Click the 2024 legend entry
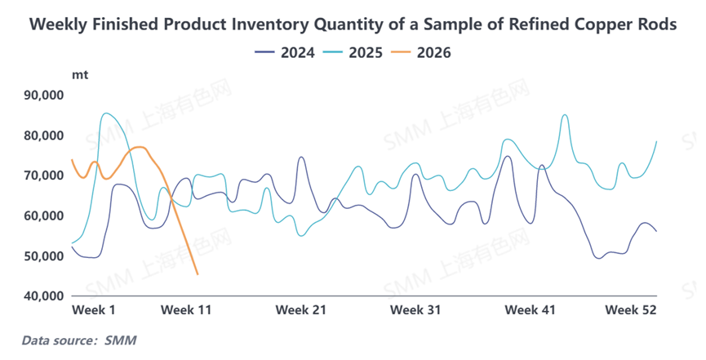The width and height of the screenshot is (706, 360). (x=282, y=53)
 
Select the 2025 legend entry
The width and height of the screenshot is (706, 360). (x=353, y=53)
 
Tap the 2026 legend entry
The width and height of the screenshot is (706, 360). (x=422, y=53)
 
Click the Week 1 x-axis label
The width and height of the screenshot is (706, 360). (x=94, y=310)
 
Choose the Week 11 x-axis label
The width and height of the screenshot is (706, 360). (x=187, y=310)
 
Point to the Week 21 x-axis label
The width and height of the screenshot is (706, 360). (x=301, y=310)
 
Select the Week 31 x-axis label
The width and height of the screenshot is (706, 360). (x=415, y=310)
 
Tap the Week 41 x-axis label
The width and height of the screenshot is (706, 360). (x=530, y=310)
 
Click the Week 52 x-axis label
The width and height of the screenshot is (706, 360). (x=630, y=310)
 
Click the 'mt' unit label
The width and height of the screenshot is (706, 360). (x=80, y=74)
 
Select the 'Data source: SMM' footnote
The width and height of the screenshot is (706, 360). (x=78, y=339)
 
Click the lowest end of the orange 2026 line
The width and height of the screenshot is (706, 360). (x=198, y=274)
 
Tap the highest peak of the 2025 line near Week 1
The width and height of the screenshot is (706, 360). (x=106, y=113)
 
